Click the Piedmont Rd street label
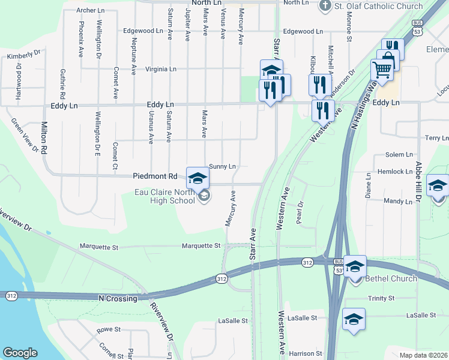coord(155,176)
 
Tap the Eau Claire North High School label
coord(164,196)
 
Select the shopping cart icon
coord(382,71)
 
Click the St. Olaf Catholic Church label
coord(378,6)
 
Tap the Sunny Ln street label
coord(222,166)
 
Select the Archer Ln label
coord(90,11)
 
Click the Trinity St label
coord(381,298)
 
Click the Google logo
coord(20,353)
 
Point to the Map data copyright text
coord(423,355)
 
